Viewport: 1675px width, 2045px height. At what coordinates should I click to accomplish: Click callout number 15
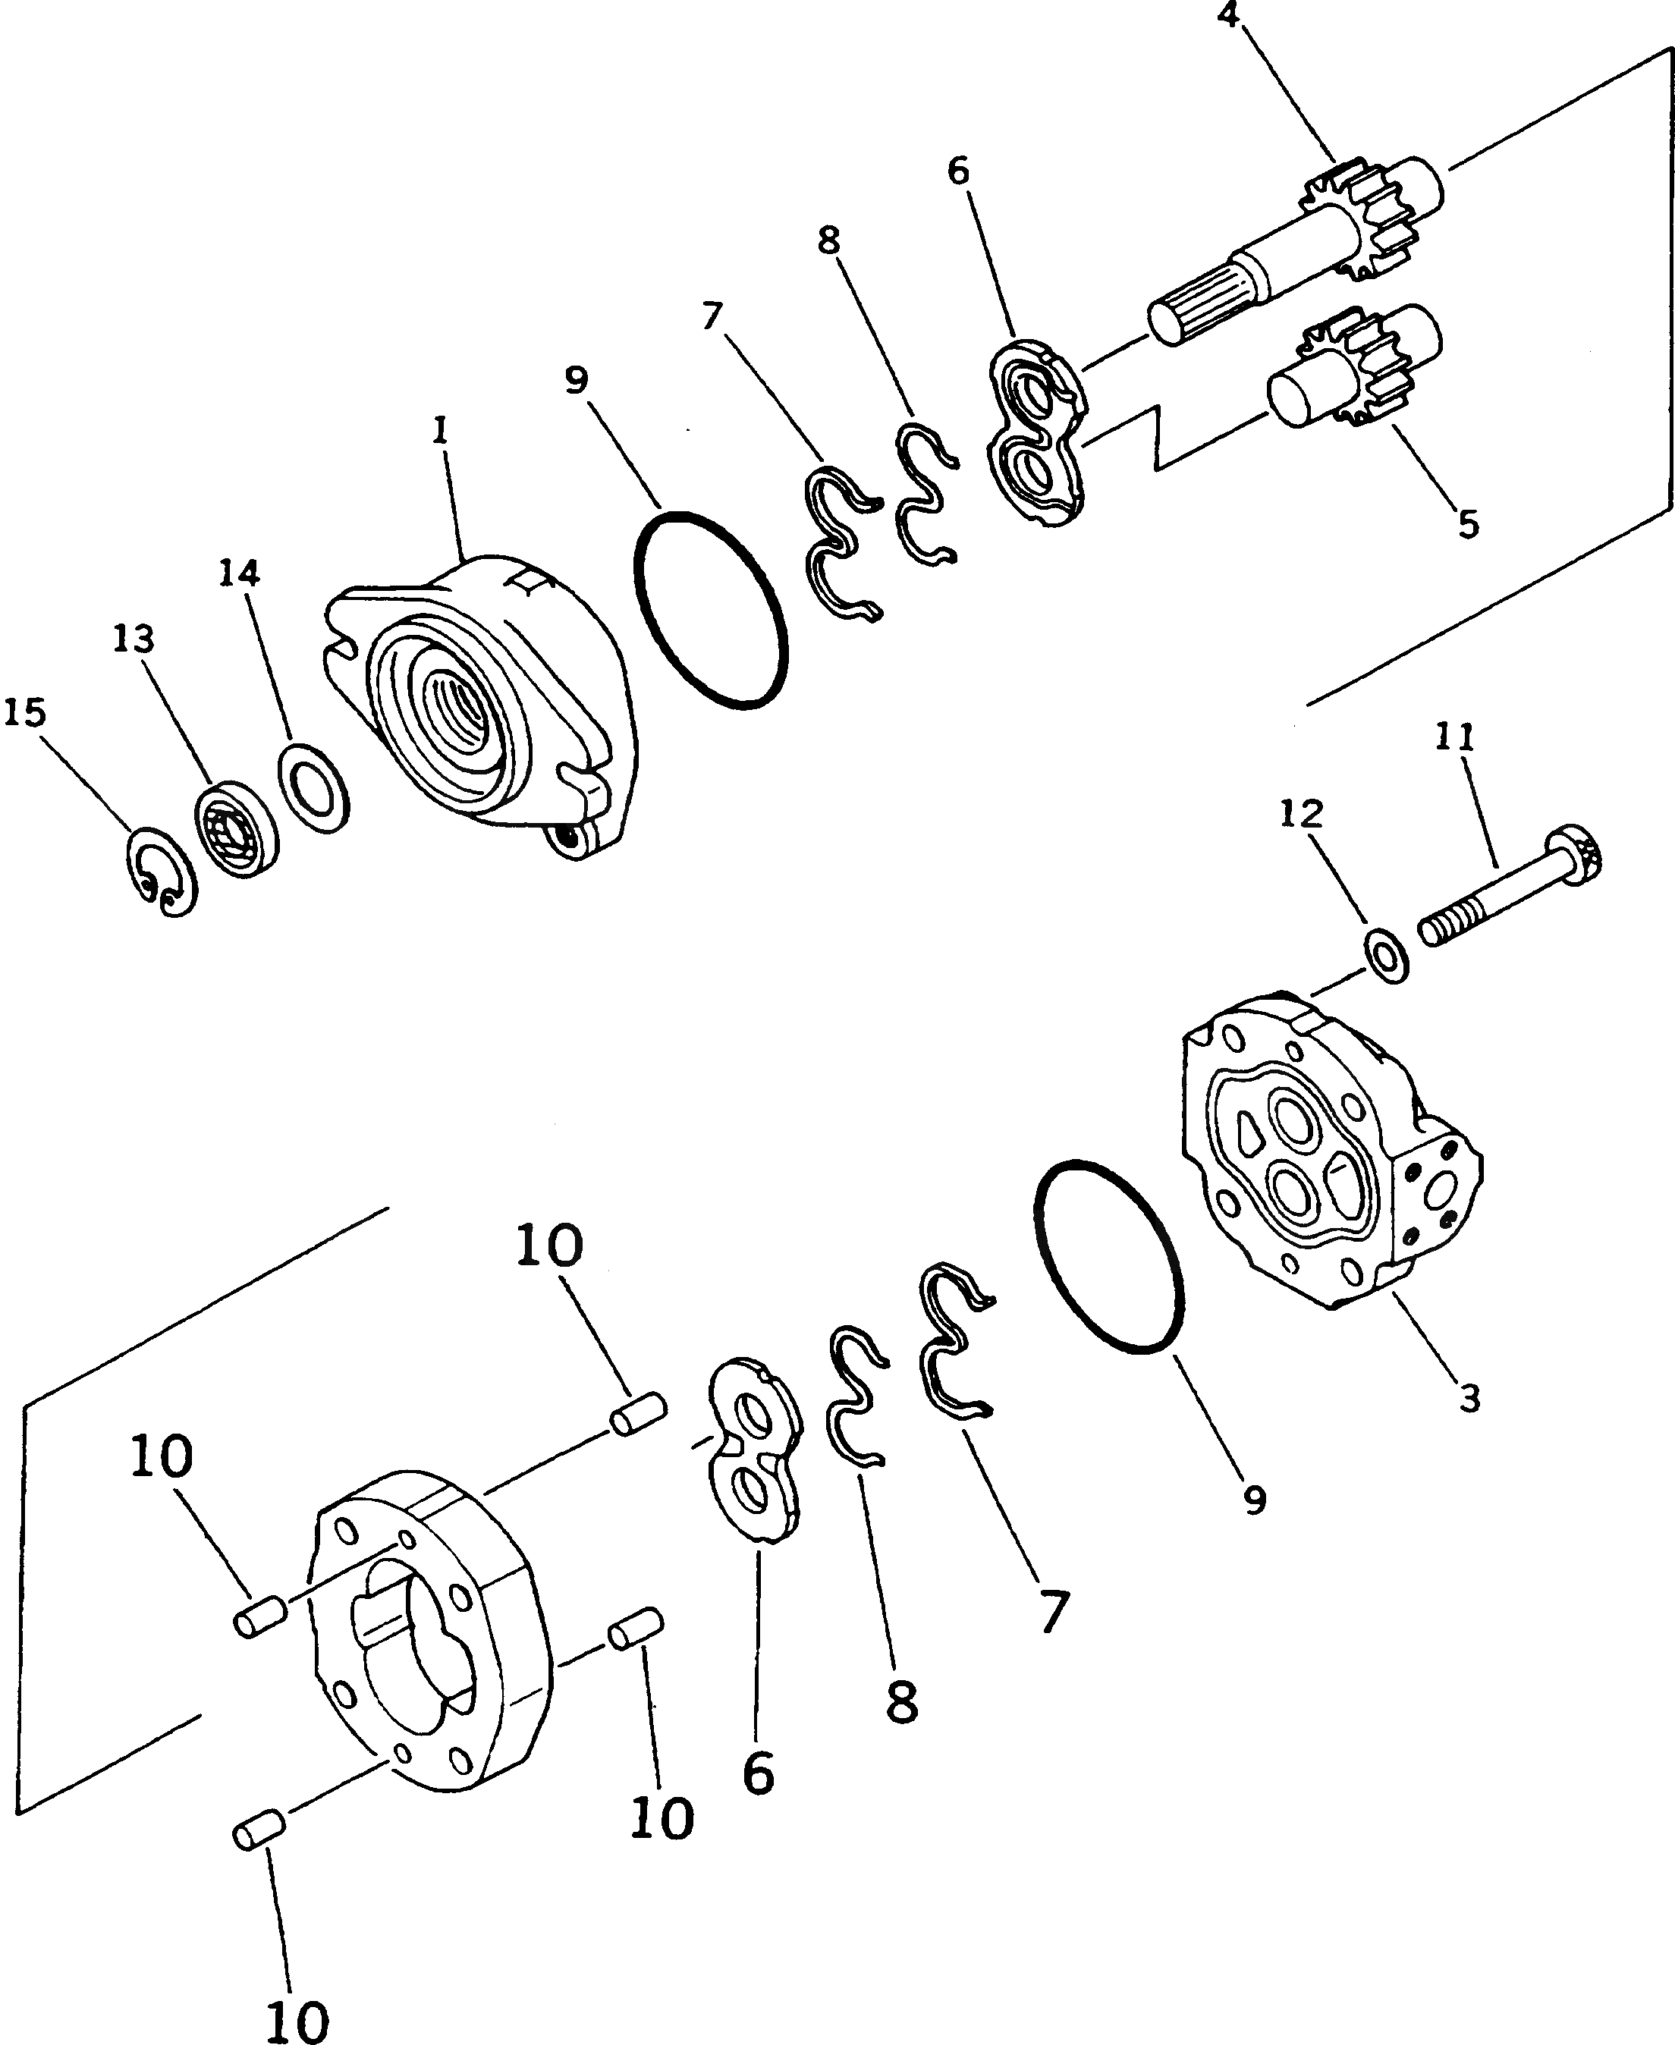tap(25, 713)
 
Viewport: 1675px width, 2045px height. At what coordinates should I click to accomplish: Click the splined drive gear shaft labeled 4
tap(1293, 251)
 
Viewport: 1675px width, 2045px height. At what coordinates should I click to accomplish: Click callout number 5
tap(1468, 525)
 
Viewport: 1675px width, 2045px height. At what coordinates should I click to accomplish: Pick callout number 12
tap(1301, 814)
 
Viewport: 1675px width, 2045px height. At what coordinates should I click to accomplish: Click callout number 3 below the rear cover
tap(1469, 1398)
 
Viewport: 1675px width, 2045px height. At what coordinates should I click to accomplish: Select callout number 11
tap(1455, 738)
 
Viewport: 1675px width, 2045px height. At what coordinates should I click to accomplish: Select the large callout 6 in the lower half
tap(759, 1773)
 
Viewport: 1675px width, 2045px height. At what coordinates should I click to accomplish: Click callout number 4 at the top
tap(1229, 14)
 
